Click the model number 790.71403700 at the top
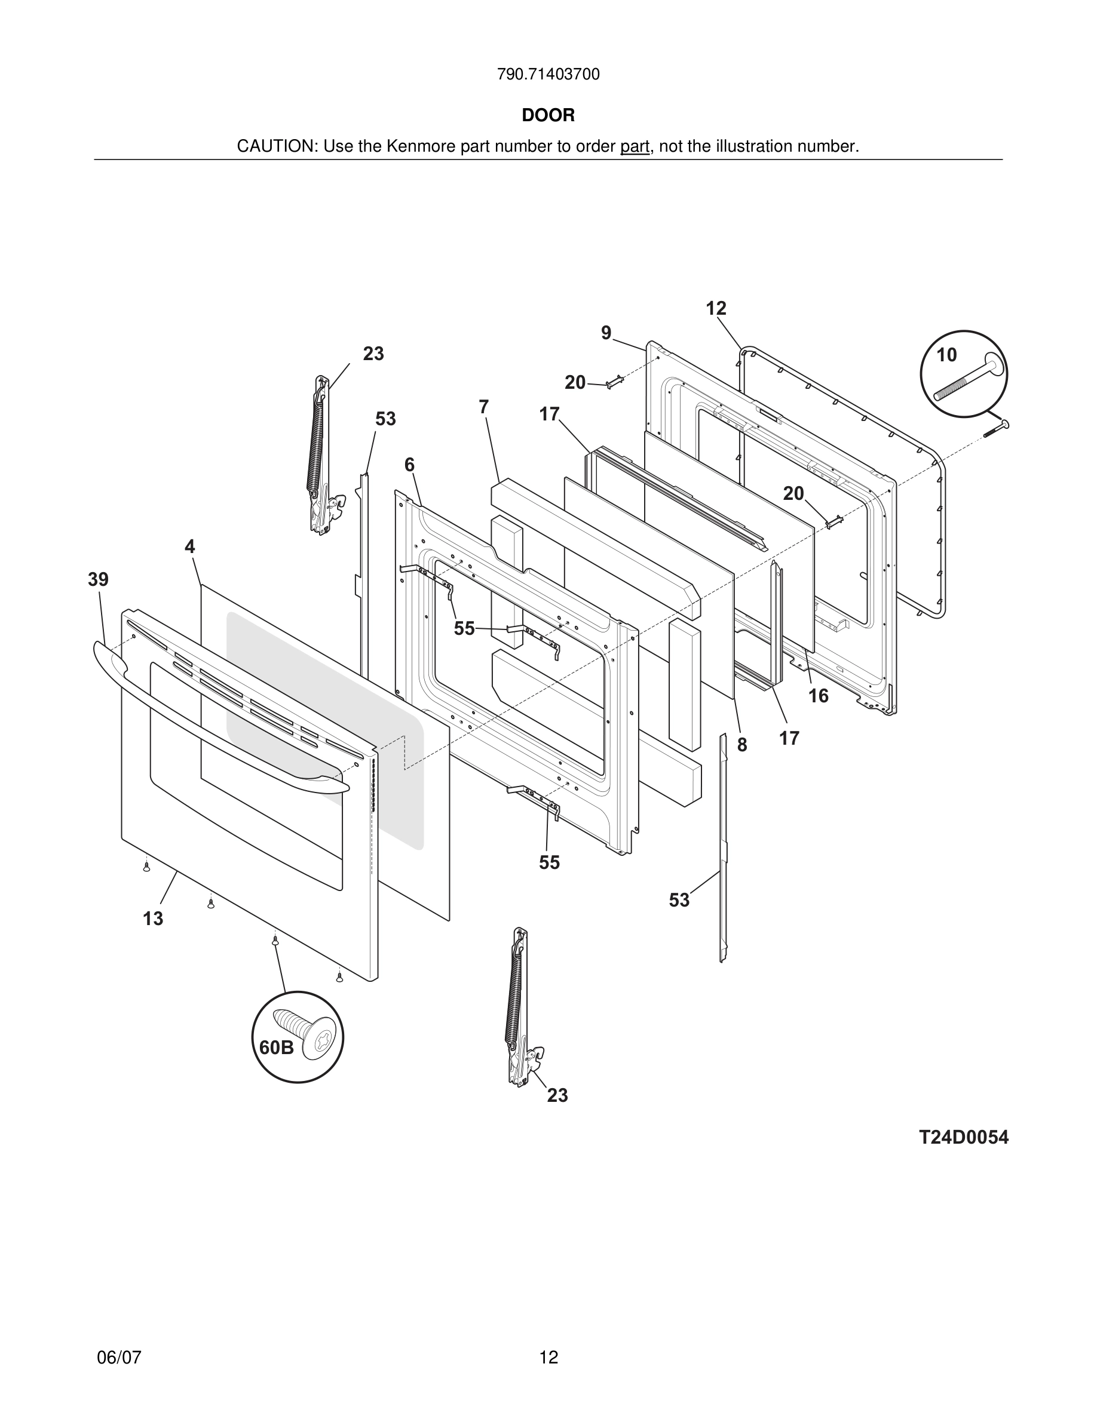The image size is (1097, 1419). click(548, 75)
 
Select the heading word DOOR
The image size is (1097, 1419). click(548, 116)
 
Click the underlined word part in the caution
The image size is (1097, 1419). click(635, 147)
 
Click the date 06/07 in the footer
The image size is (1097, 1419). click(119, 1357)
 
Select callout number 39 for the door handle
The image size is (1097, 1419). click(98, 579)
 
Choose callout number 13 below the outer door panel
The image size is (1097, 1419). click(154, 919)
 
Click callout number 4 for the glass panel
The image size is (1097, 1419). click(190, 547)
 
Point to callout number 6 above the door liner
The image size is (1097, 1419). click(409, 465)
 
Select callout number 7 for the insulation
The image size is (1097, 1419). click(483, 407)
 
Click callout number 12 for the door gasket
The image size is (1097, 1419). click(716, 309)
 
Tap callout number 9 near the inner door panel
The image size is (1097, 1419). click(606, 333)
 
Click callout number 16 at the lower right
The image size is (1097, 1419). click(818, 696)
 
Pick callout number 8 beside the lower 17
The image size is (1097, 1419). click(741, 745)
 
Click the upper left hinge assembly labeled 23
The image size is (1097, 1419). click(320, 455)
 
